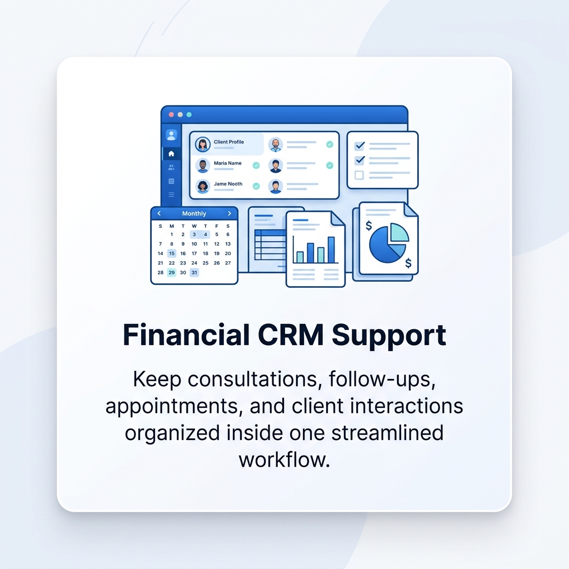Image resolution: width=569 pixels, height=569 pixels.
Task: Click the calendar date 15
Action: click(172, 253)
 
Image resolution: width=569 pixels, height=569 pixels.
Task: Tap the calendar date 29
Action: click(172, 272)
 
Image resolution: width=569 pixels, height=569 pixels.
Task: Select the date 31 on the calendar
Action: click(194, 272)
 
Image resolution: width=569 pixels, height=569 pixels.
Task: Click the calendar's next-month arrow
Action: click(229, 213)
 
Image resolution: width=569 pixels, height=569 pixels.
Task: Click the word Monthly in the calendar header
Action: click(194, 213)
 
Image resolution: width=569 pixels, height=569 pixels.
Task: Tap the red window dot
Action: click(171, 114)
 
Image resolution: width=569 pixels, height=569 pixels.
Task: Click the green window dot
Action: click(189, 114)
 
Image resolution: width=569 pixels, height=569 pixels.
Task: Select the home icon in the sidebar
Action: click(171, 153)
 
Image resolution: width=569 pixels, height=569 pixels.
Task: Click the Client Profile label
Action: click(228, 142)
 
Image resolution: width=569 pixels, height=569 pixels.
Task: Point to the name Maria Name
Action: click(227, 163)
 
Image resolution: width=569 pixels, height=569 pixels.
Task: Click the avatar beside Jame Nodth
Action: click(203, 187)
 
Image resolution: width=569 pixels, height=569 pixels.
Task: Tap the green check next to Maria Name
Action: click(256, 166)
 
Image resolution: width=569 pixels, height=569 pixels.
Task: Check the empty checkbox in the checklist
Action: click(359, 175)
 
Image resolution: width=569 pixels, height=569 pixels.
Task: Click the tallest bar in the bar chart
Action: click(331, 249)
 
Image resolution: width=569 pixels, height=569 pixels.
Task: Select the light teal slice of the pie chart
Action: click(399, 233)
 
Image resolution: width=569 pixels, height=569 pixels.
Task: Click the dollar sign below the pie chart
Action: click(408, 263)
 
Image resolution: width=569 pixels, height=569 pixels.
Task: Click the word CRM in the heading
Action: click(290, 335)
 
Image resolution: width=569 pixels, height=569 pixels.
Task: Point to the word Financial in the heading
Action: click(186, 334)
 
